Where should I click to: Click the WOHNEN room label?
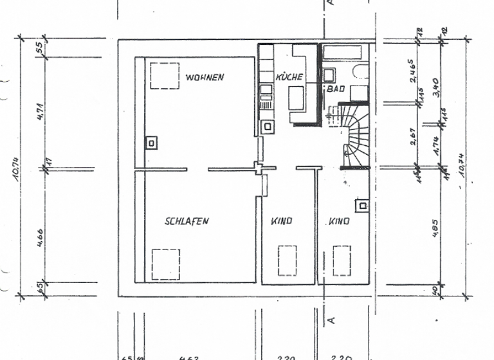205,77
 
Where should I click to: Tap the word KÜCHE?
289,77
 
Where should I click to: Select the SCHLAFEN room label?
187,221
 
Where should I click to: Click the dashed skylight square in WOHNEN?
164,75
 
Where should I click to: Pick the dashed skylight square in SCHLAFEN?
167,264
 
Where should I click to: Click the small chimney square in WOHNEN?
151,143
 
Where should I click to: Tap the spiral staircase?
352,135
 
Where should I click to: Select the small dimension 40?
437,291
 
